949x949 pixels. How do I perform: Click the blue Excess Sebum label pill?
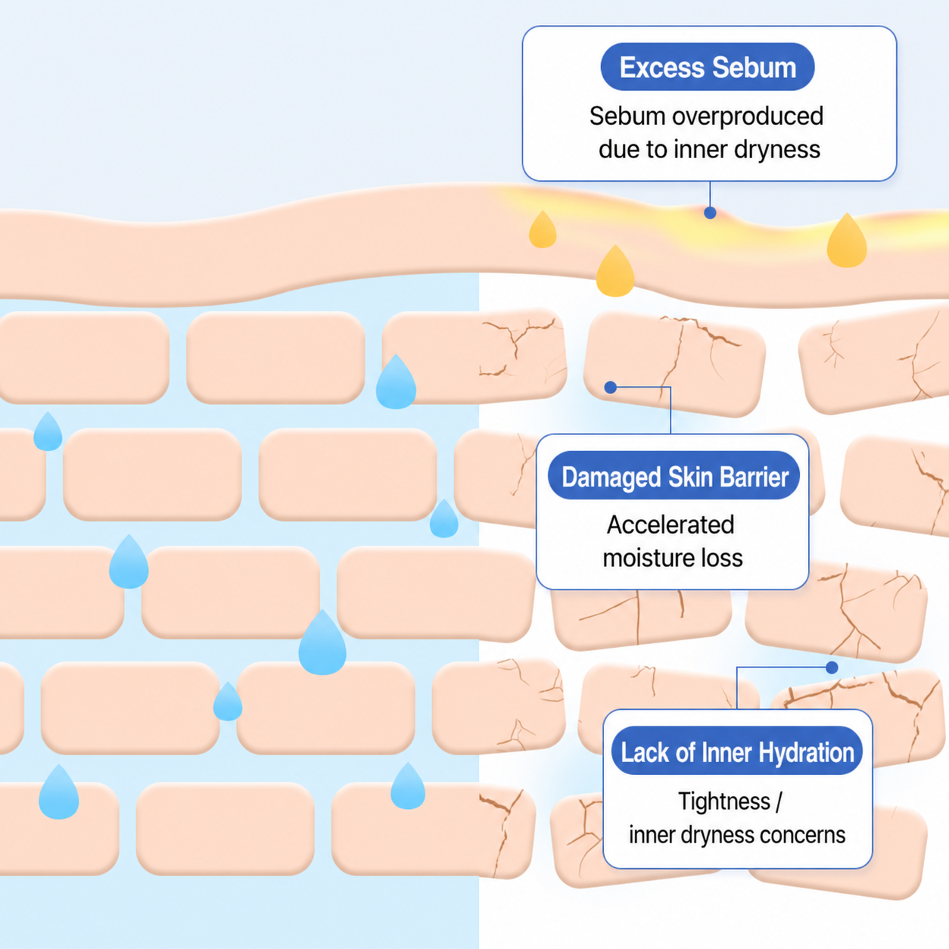point(707,67)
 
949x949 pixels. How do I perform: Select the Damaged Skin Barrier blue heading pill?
point(674,475)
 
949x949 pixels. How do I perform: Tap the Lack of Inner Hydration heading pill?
point(737,751)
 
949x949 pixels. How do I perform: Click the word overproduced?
point(748,117)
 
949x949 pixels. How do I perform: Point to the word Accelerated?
point(671,524)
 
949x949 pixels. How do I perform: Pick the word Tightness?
point(724,801)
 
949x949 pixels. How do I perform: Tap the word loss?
point(719,558)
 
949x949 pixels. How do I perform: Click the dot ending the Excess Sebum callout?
point(710,213)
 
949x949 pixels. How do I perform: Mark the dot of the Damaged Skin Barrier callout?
point(611,387)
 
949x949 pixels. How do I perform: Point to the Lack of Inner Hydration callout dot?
point(832,667)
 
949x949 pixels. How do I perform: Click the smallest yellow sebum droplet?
point(543,230)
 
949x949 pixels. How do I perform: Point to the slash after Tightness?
point(778,801)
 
